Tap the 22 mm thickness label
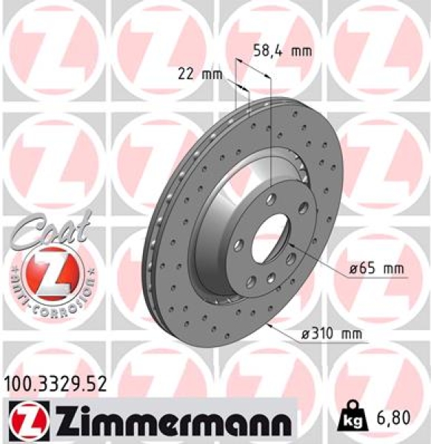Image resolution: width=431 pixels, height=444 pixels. pos(200,73)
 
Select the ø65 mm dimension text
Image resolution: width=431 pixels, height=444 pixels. pos(377,270)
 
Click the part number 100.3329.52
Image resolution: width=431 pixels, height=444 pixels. pos(55,383)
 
